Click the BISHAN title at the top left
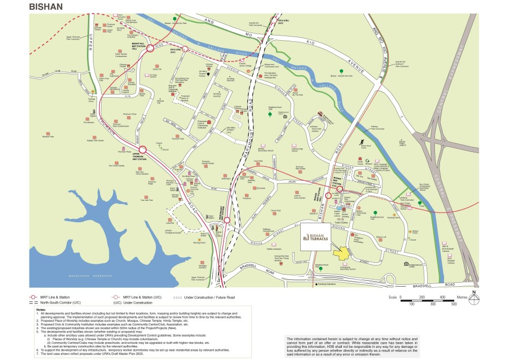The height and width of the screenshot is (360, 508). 46,6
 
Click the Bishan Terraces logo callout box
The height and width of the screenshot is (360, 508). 317,236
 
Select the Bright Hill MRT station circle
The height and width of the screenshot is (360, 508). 151,49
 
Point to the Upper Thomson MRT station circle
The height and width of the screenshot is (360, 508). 143,149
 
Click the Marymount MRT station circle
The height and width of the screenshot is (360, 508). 227,220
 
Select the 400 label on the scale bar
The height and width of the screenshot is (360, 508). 443,297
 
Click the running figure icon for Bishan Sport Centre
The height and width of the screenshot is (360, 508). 362,142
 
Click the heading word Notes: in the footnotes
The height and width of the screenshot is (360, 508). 44,309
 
